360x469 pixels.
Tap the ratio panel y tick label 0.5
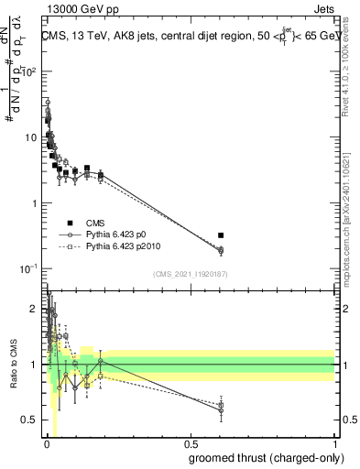click(30, 420)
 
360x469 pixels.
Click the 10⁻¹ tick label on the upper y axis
click(27, 268)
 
